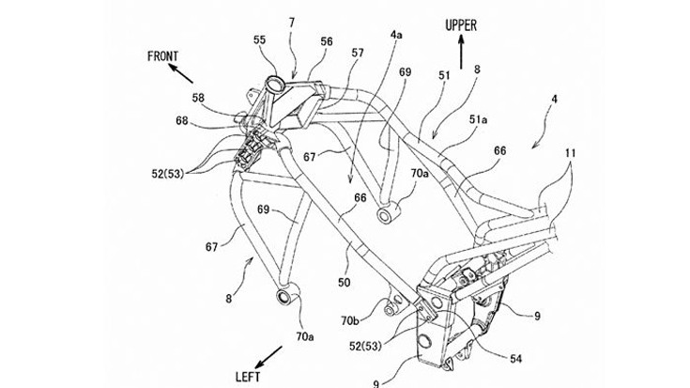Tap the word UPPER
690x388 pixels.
coord(464,27)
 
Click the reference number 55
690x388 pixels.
coord(259,40)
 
